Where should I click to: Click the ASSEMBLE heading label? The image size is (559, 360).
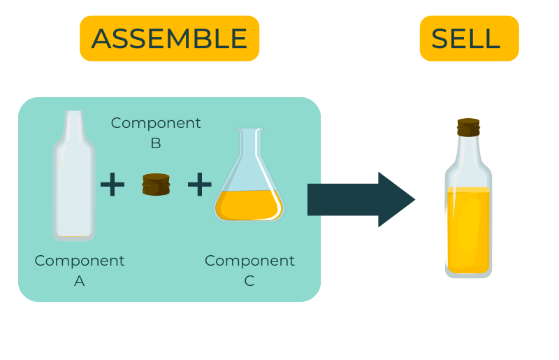coord(169,38)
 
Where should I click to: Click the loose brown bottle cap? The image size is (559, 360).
coord(156,185)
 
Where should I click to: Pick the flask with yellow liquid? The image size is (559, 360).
coord(249,182)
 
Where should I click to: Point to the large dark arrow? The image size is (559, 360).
coord(356,199)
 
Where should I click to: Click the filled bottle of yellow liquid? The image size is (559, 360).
coord(468,217)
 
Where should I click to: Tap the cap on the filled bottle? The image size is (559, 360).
coord(468,127)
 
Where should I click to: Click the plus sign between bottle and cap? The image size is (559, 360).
coord(112,185)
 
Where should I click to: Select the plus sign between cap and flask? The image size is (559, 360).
coord(199,185)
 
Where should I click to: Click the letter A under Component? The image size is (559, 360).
coord(80,281)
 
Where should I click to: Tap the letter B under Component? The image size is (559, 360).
coord(156,143)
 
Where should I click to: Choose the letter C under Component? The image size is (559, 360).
coord(249,281)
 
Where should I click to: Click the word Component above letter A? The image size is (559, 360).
coord(80,261)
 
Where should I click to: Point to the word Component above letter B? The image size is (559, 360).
coord(156,123)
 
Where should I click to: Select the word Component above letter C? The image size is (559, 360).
coord(249,261)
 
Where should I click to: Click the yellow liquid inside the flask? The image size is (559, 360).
coord(249,205)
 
